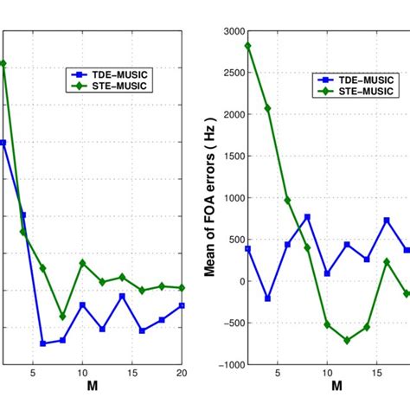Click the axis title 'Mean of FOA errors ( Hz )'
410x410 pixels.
208,198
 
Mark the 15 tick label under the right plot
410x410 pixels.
377,375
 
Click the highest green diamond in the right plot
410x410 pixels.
247,46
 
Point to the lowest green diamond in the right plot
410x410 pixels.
347,340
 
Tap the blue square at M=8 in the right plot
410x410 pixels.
307,217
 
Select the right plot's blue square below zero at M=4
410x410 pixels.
267,298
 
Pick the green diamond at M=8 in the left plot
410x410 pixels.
62,317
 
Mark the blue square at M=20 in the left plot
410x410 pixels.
182,305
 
